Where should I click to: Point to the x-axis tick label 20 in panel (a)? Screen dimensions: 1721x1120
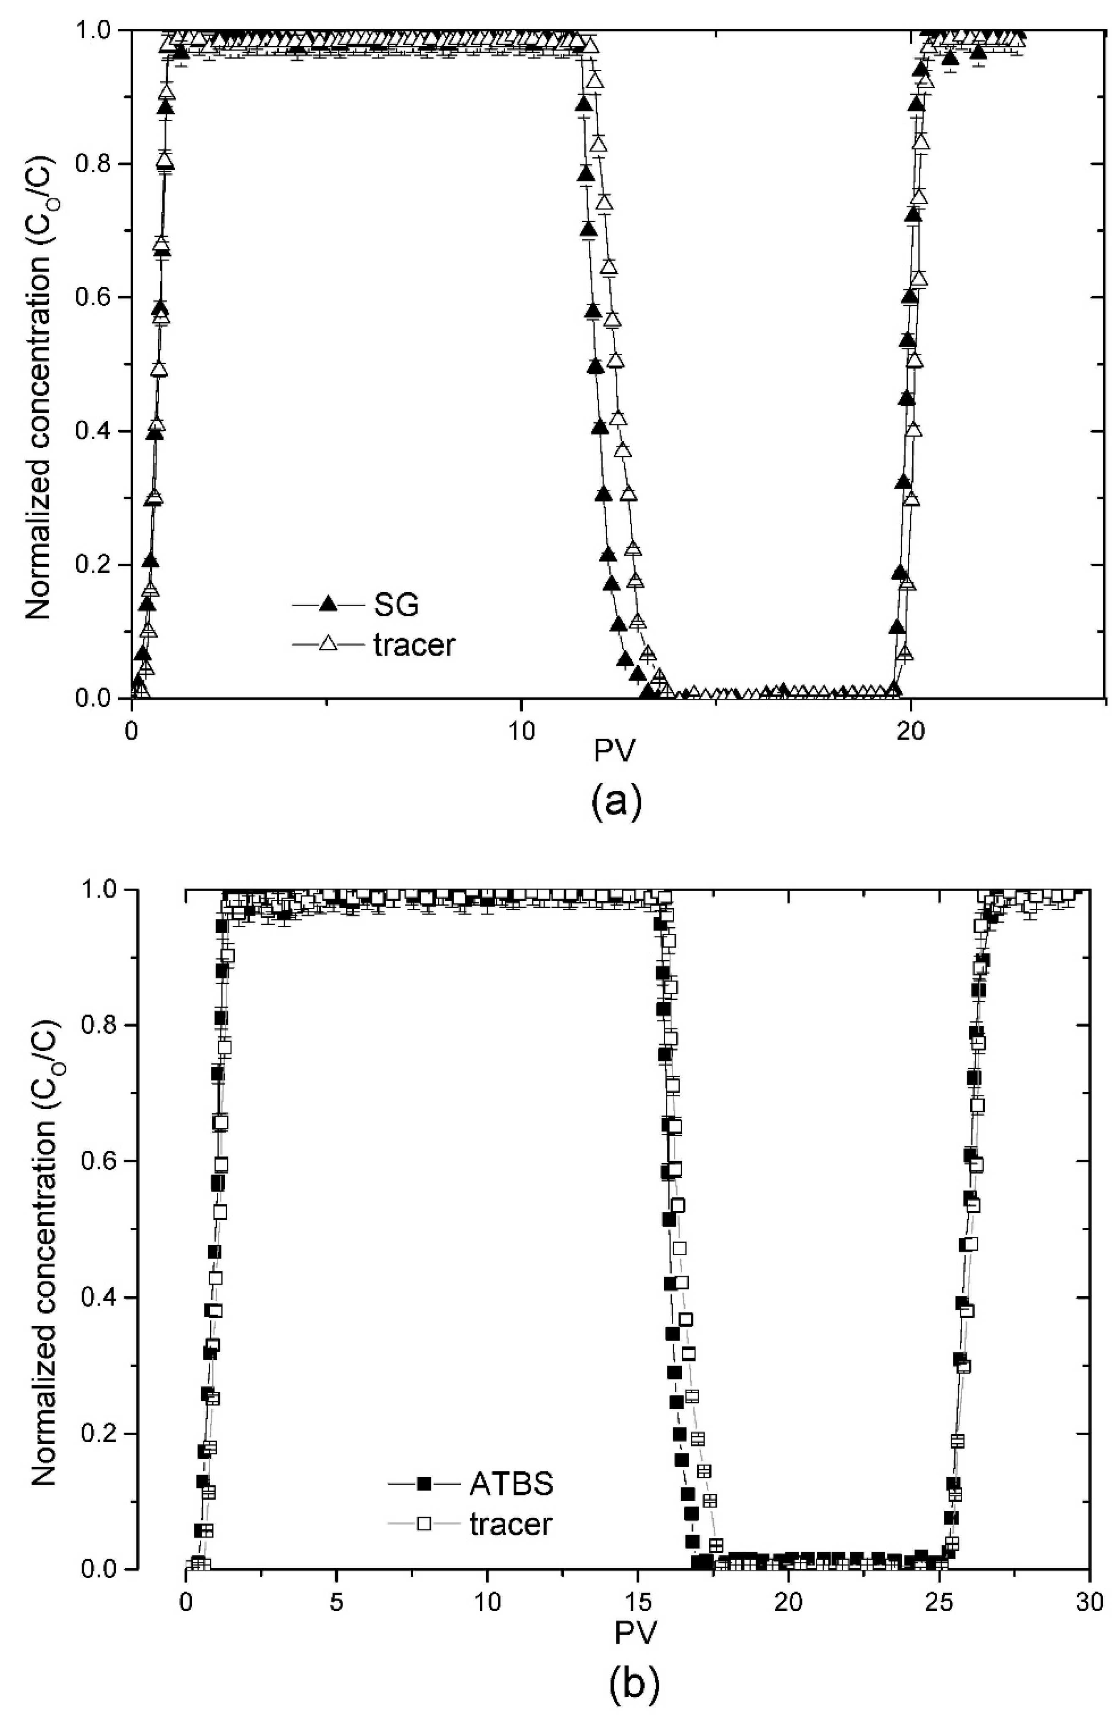(x=910, y=731)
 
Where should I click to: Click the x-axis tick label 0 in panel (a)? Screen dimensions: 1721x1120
(x=132, y=731)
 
